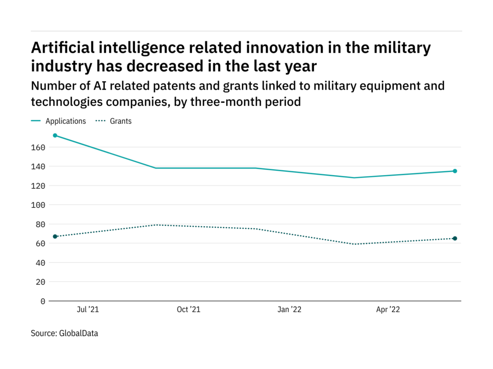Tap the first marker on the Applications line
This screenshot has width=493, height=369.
pyautogui.click(x=55, y=136)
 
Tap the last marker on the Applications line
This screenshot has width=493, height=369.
pyautogui.click(x=455, y=171)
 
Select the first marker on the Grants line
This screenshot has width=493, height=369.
pyautogui.click(x=55, y=236)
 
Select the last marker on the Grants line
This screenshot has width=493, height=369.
pyautogui.click(x=455, y=239)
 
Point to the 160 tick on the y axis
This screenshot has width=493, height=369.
pyautogui.click(x=39, y=148)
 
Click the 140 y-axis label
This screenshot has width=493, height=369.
pyautogui.click(x=39, y=166)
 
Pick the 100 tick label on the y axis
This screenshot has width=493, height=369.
pyautogui.click(x=39, y=205)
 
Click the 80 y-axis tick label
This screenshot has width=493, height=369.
pyautogui.click(x=41, y=224)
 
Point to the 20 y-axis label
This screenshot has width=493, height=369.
pyautogui.click(x=41, y=282)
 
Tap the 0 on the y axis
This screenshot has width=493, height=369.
pyautogui.click(x=43, y=301)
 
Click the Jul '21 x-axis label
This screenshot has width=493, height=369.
pyautogui.click(x=87, y=310)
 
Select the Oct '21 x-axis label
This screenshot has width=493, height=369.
pyautogui.click(x=188, y=310)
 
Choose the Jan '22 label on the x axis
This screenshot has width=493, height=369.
pyautogui.click(x=289, y=310)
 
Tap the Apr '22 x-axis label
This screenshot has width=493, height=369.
pyautogui.click(x=388, y=310)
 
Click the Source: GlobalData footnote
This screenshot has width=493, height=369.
pyautogui.click(x=65, y=333)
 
